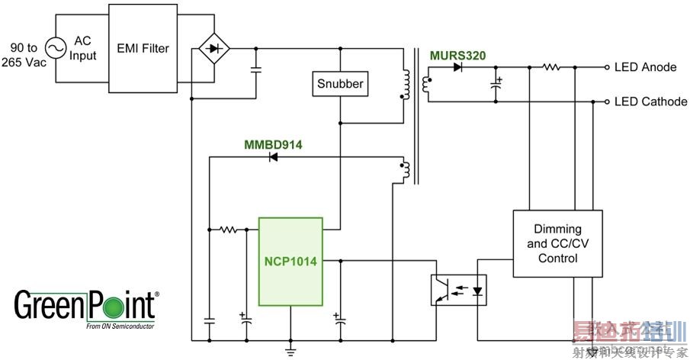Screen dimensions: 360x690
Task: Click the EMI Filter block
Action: pos(143,49)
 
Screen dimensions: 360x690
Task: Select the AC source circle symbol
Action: pos(56,49)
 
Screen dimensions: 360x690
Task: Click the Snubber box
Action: pos(340,84)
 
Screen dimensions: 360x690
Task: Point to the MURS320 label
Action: pos(457,55)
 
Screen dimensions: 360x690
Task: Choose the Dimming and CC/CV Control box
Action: pos(557,243)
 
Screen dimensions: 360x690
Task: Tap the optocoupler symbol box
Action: pos(460,290)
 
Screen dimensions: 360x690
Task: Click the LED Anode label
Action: pos(645,67)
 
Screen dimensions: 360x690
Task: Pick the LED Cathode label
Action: pos(650,101)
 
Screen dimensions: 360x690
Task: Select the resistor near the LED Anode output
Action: pos(551,67)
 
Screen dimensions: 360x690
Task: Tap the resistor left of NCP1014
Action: pos(226,228)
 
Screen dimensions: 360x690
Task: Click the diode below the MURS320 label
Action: pos(457,67)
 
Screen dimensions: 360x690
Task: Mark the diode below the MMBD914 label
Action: pos(271,158)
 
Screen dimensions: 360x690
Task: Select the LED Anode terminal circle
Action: pos(606,67)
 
